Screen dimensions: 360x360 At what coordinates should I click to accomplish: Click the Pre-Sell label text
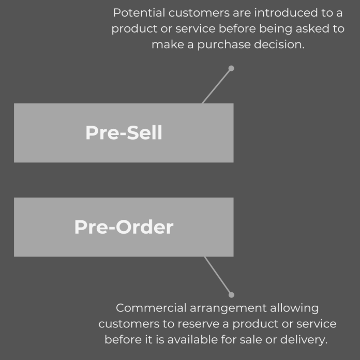point(124,133)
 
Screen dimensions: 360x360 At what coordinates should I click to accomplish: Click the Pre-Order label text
point(124,227)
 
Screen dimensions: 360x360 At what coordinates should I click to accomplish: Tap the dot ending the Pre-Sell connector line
point(231,68)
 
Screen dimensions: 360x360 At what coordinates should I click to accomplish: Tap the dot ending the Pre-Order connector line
point(231,295)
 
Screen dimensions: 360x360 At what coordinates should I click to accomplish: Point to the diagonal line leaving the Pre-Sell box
point(217,86)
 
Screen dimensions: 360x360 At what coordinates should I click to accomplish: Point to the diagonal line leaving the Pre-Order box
point(218,276)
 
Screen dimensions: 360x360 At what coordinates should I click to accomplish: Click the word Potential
point(136,12)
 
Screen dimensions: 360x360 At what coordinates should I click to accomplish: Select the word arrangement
point(222,308)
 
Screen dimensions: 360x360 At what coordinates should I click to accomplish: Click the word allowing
point(293,308)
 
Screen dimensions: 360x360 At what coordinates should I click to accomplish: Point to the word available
point(205,340)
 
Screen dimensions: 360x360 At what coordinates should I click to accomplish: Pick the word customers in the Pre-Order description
point(123,324)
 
